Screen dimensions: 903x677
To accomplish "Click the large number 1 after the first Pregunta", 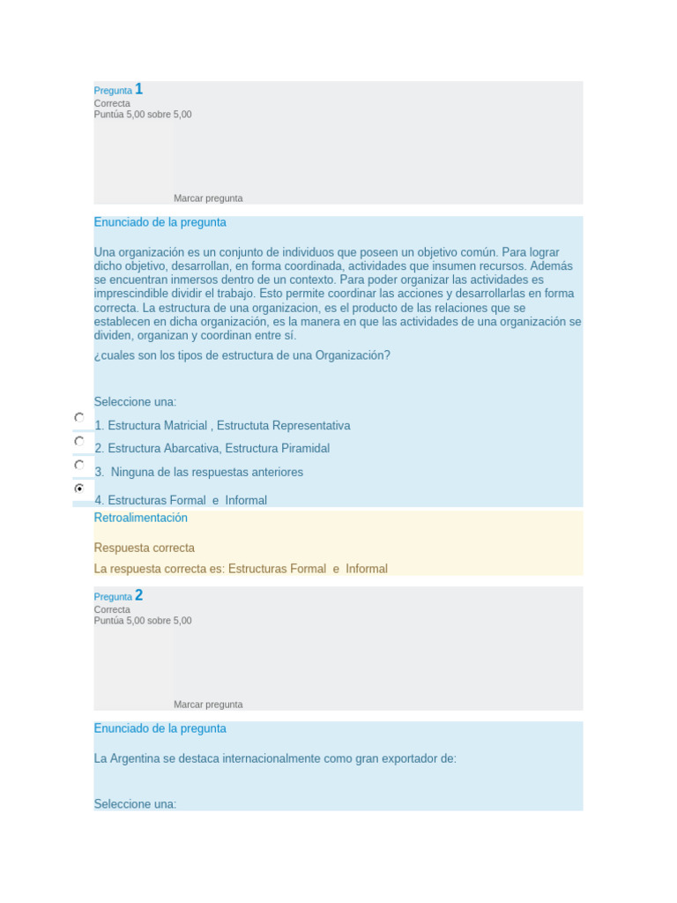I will point(139,89).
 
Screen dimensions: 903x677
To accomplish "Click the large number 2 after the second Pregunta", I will point(139,595).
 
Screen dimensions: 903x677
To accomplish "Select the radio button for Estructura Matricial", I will point(79,417).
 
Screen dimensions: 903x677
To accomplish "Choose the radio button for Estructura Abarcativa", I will point(79,441).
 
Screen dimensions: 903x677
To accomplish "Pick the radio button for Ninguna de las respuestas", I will point(79,465).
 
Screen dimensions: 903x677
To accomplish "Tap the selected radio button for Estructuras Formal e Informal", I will point(79,488).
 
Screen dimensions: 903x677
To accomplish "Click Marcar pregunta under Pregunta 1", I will point(208,198).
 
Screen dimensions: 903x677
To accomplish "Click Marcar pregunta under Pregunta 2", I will point(208,705).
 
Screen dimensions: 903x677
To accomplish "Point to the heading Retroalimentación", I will point(140,518).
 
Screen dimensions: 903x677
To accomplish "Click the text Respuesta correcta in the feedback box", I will point(144,548).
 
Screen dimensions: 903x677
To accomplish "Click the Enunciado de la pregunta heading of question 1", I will point(160,222).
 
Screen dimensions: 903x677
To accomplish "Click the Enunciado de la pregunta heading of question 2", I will point(160,728).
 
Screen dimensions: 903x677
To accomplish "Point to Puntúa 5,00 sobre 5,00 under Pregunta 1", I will point(143,115).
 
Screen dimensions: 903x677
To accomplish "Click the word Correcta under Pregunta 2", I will point(112,609).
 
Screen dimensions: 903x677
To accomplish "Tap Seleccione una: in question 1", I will point(135,402).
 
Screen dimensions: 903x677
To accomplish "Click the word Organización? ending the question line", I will point(350,355).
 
